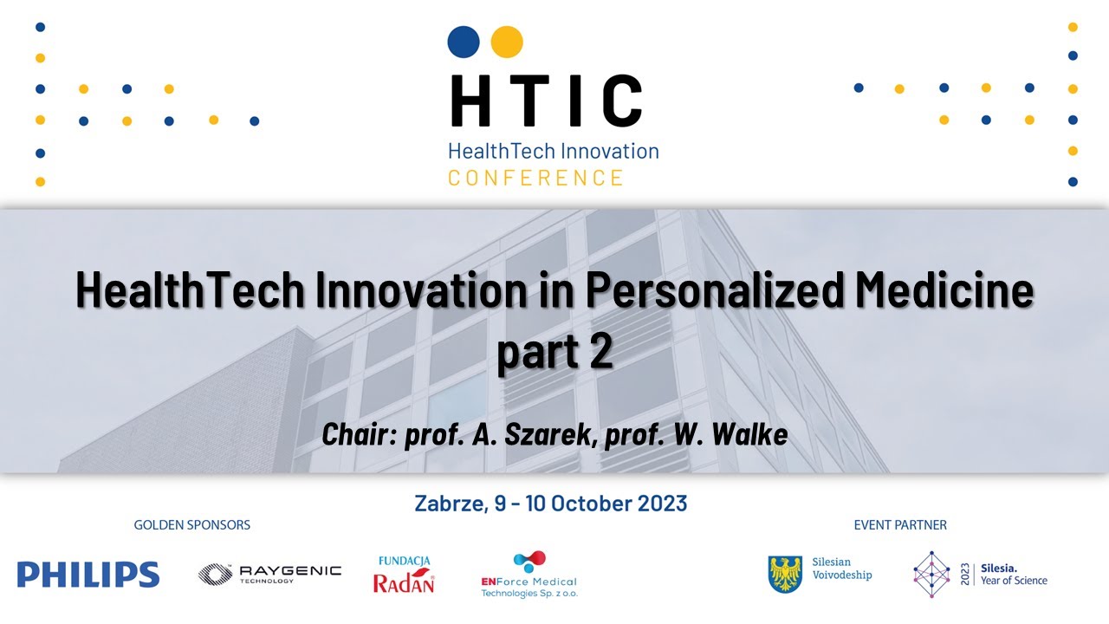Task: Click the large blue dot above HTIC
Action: click(464, 41)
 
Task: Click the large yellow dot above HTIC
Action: click(507, 41)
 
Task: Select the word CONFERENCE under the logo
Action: click(535, 179)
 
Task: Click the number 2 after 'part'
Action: click(600, 353)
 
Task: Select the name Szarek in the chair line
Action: click(551, 434)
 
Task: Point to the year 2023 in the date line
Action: click(659, 504)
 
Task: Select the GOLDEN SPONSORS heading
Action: click(191, 525)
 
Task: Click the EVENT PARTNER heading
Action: click(900, 525)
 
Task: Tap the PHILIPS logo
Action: click(88, 575)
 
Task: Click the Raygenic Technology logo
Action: click(269, 574)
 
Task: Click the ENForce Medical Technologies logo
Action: click(529, 575)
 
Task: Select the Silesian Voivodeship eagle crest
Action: click(785, 574)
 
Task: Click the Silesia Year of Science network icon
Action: click(931, 574)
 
